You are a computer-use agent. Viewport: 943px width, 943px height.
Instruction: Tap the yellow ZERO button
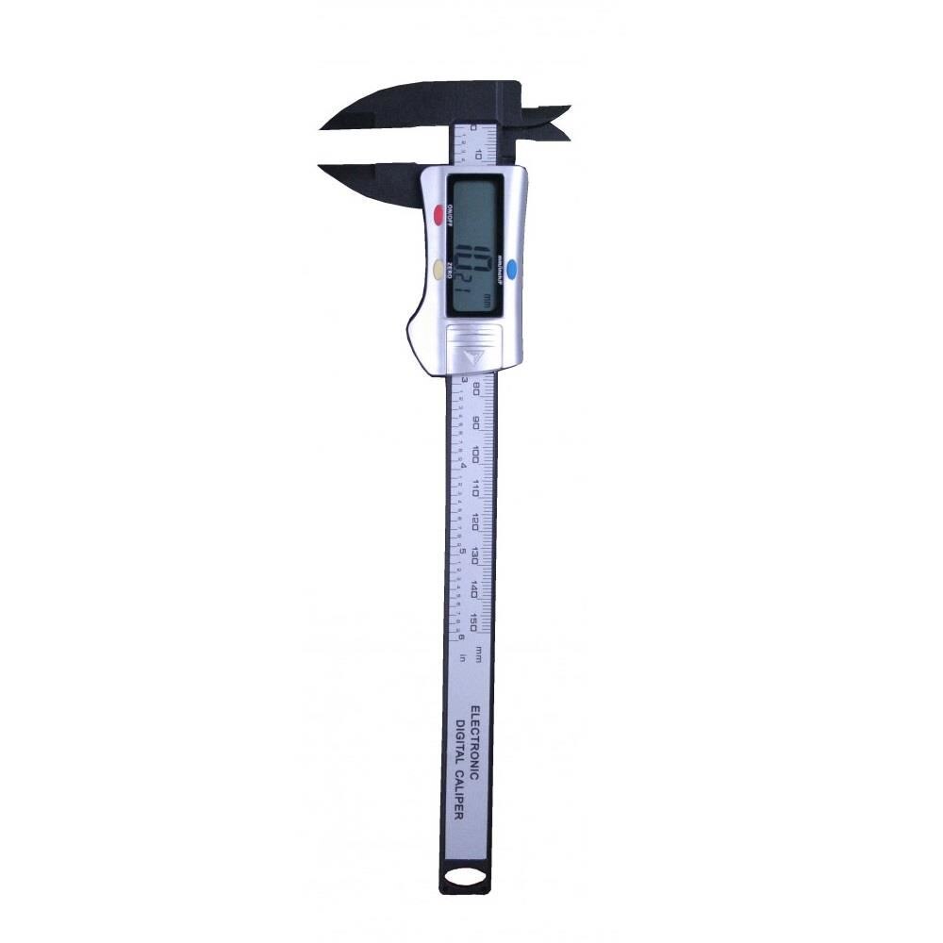[439, 270]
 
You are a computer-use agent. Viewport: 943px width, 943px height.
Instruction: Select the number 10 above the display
[480, 155]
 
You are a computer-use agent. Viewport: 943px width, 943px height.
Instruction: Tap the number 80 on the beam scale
[478, 389]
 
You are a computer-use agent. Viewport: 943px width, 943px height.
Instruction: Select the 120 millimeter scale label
[478, 521]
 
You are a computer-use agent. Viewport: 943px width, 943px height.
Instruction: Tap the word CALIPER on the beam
[460, 794]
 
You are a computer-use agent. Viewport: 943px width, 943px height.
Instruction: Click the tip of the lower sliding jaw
[325, 169]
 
